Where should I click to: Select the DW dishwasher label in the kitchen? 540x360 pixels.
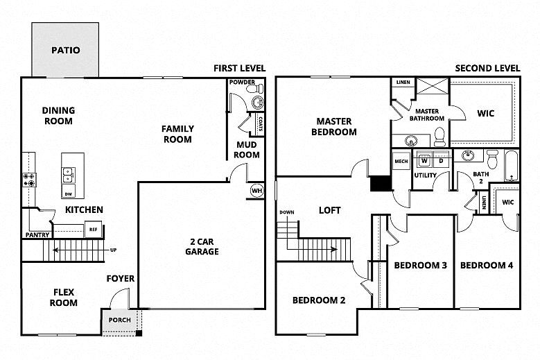68,194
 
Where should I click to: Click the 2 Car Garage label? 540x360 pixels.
202,246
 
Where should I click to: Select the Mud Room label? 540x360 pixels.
247,149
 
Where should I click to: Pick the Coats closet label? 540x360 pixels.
259,126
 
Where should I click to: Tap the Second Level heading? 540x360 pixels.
487,68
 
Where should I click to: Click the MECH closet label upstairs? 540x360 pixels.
401,162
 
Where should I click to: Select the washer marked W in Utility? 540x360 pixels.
424,161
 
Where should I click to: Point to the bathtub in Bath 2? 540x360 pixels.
510,166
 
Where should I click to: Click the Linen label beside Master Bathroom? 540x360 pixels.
403,83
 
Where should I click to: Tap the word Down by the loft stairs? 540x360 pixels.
286,212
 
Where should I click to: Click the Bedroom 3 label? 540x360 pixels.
420,265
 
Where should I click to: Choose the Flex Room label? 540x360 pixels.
63,297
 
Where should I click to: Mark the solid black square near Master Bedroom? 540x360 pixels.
380,183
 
